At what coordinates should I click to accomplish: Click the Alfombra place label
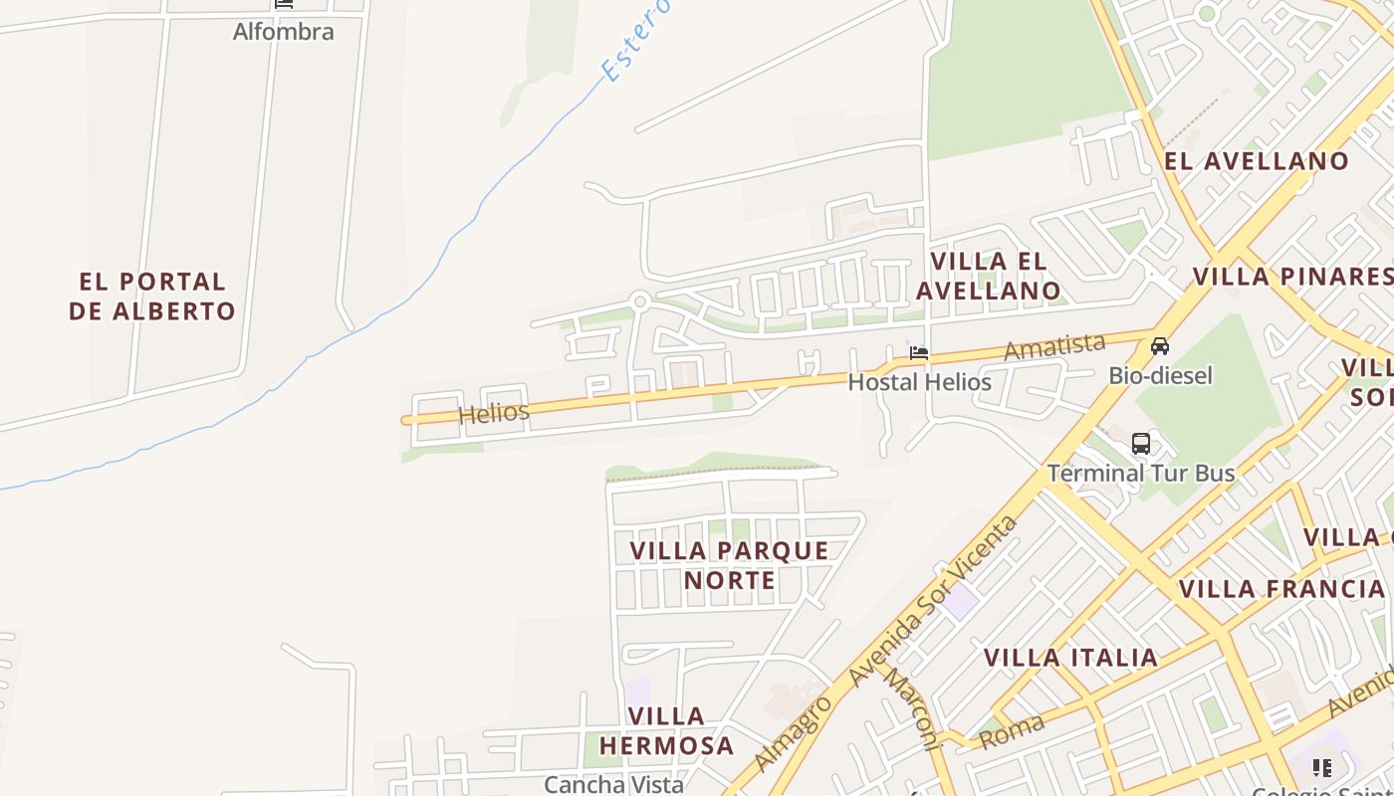pos(283,32)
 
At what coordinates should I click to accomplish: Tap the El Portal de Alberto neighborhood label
pos(152,297)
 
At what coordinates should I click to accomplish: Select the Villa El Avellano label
pos(988,276)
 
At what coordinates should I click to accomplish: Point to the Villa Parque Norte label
pos(729,565)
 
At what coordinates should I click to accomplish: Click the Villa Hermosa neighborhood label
pos(681,730)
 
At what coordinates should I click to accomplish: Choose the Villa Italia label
pos(1070,658)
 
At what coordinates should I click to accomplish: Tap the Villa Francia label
pos(1280,589)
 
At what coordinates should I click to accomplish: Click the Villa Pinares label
pos(1292,276)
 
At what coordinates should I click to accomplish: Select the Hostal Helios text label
pos(919,382)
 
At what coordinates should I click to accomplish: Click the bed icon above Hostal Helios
pos(919,353)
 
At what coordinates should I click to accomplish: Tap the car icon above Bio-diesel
pos(1160,346)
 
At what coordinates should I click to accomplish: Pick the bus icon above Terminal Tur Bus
pos(1141,444)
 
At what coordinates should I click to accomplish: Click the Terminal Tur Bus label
pos(1141,473)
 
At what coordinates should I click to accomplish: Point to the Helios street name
pos(494,412)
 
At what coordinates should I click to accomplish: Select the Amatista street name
pos(1054,347)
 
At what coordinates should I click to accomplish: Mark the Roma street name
pos(1012,731)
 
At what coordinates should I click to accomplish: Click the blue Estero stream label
pos(635,42)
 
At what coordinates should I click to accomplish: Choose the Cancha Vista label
pos(613,784)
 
